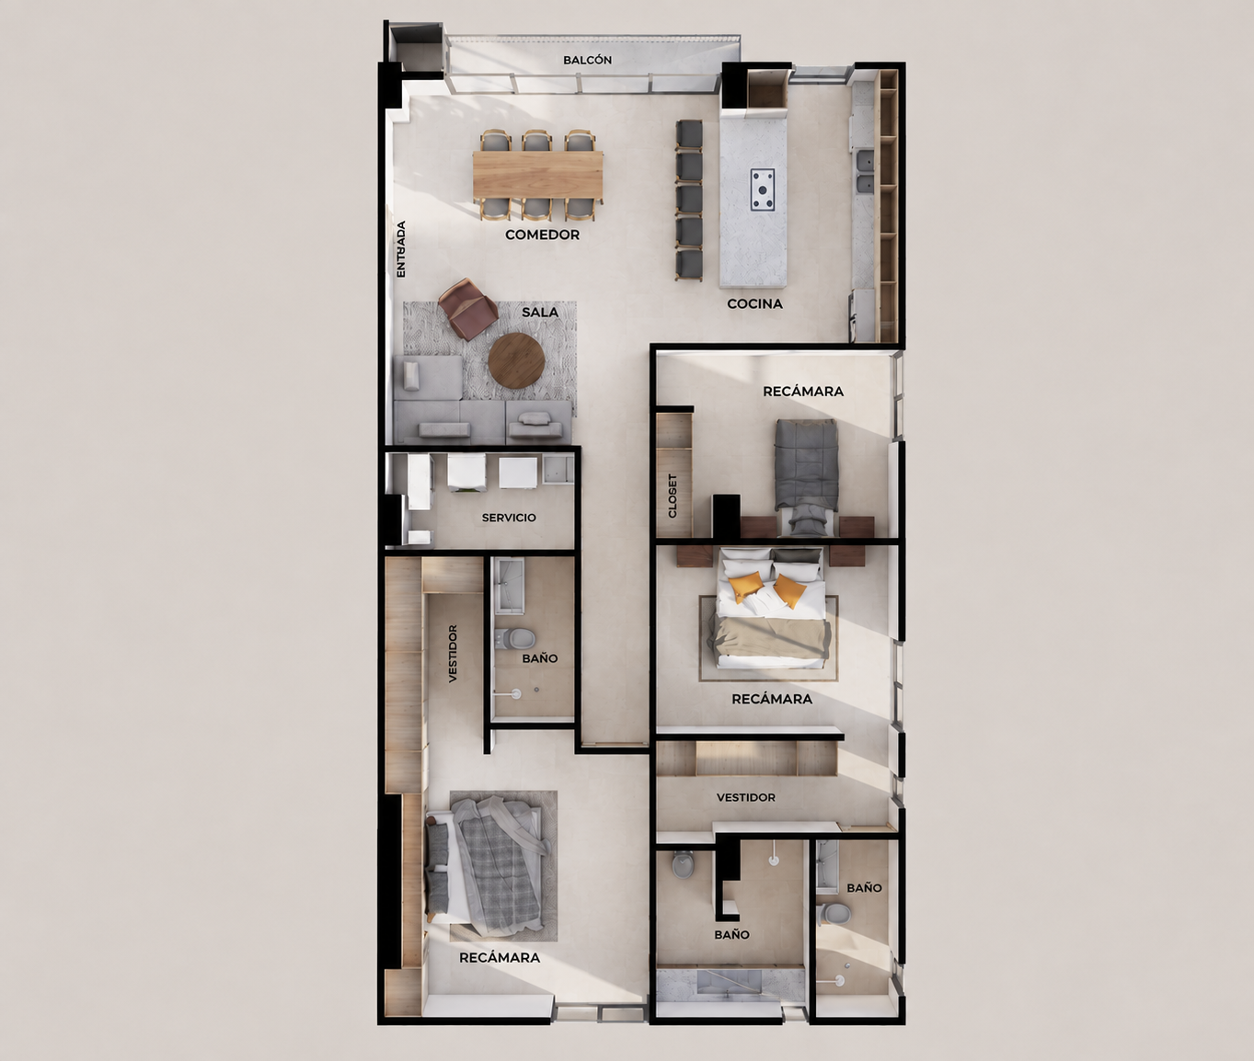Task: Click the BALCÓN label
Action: click(587, 60)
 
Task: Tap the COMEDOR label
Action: click(542, 234)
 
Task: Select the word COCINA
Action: click(754, 303)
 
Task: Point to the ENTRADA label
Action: click(401, 249)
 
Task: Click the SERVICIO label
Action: click(509, 518)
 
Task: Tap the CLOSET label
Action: click(673, 496)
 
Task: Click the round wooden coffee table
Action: click(516, 360)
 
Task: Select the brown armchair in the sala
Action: click(467, 309)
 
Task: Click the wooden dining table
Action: click(538, 174)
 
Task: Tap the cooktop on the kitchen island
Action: click(763, 189)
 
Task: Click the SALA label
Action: click(540, 313)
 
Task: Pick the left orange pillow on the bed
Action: click(745, 587)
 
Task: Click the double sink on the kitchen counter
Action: click(865, 172)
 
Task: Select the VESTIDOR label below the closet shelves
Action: click(745, 797)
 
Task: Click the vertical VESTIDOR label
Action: click(453, 654)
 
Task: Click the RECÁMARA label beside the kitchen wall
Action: click(803, 392)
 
